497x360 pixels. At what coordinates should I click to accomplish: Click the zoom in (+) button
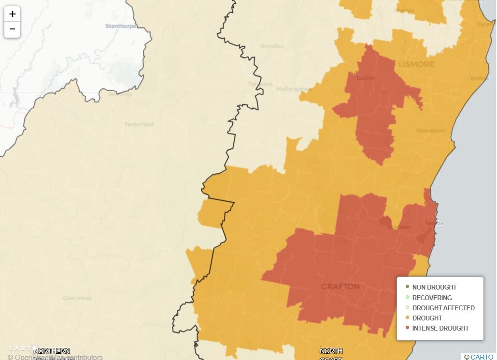(x=12, y=14)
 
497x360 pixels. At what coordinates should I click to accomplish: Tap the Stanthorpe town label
(x=121, y=26)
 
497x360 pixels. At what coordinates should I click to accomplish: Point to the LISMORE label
(x=416, y=64)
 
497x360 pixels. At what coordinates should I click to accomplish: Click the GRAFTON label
(x=341, y=287)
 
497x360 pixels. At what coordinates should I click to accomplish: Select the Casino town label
(x=366, y=78)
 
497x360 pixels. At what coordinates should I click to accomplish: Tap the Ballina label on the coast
(x=479, y=78)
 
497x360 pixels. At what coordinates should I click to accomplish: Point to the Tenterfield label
(x=139, y=125)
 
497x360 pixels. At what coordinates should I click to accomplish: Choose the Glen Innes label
(x=77, y=298)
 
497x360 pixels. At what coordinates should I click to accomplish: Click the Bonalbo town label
(x=272, y=46)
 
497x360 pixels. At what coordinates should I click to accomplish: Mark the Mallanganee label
(x=294, y=89)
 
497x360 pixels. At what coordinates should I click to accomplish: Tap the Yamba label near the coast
(x=434, y=223)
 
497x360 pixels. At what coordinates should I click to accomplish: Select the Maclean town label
(x=400, y=227)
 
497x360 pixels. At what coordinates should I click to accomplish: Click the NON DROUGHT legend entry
(x=434, y=287)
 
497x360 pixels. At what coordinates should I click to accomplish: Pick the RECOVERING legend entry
(x=432, y=298)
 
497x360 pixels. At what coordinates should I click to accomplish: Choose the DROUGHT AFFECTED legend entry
(x=443, y=308)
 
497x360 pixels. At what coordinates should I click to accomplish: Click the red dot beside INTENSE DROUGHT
(x=407, y=328)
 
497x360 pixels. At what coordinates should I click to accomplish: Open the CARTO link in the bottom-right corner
(x=482, y=357)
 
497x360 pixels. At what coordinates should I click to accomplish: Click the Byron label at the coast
(x=485, y=24)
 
